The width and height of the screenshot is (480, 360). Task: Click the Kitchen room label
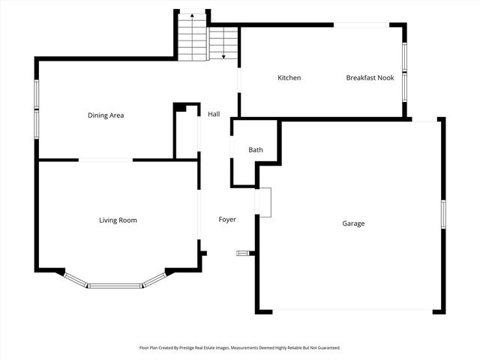pos(289,78)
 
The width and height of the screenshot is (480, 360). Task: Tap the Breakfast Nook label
pos(370,78)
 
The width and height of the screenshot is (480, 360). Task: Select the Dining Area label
pos(106,115)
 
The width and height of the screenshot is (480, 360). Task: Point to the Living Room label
pos(118,220)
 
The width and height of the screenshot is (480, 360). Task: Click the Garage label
pos(353,223)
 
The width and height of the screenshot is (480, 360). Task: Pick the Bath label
pos(256,150)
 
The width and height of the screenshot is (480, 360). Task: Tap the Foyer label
pos(227,220)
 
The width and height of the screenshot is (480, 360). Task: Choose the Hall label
pos(214,114)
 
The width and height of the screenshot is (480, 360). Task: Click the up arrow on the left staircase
pos(192,15)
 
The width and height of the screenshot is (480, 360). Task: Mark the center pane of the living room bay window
pos(115,285)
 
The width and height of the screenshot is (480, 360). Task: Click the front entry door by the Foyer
pos(242,253)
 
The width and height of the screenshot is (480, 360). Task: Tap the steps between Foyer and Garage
pos(262,202)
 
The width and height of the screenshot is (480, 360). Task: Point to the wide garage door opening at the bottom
pos(349,310)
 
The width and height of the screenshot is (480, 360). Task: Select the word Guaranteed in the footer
pos(325,348)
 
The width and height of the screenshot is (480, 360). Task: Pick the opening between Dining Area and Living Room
pos(106,160)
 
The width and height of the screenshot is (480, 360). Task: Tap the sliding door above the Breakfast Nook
pos(361,25)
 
